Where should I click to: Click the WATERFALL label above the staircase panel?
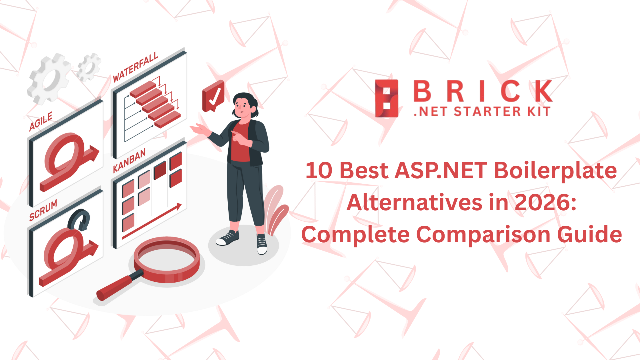[135, 67]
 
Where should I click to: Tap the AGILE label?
[41, 121]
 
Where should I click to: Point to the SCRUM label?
[43, 210]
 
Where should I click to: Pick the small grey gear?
[89, 67]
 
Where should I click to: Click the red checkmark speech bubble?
[213, 96]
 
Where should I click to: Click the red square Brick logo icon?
[386, 98]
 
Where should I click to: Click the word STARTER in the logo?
[487, 111]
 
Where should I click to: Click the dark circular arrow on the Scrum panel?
[79, 220]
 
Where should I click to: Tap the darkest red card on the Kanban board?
[160, 170]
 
